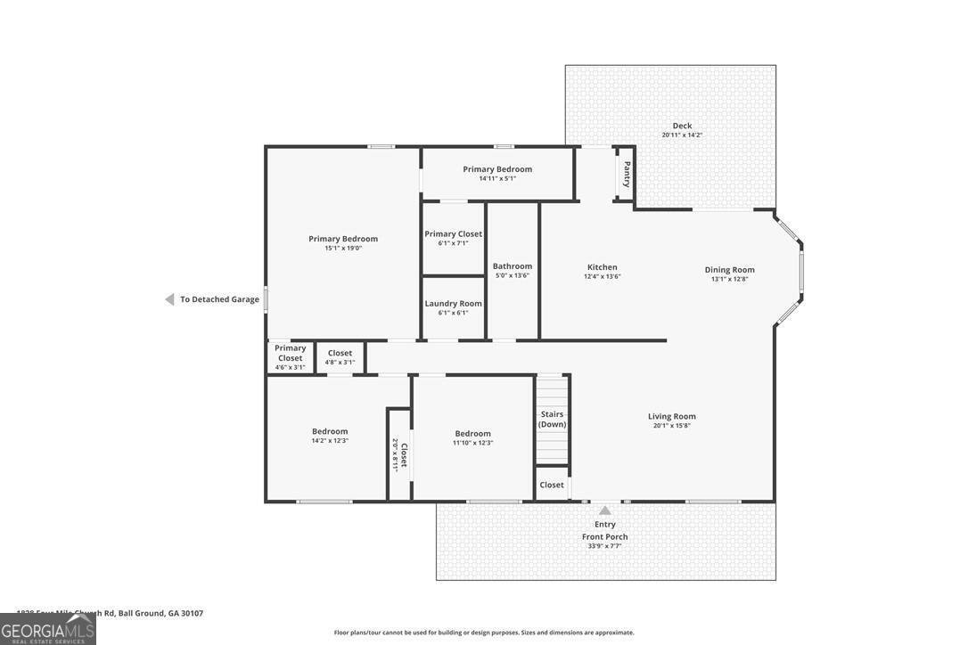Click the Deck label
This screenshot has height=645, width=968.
682,126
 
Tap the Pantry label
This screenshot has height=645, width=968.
628,174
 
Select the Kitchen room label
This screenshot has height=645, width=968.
602,267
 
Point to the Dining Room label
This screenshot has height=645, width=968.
729,270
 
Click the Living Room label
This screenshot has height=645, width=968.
671,416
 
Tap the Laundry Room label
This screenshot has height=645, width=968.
453,304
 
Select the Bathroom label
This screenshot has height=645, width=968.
513,265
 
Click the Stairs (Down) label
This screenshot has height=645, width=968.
552,419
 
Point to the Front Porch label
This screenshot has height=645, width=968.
604,536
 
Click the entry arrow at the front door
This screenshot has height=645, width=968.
604,510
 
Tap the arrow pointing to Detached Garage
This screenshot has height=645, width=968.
168,299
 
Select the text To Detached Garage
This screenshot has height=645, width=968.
219,299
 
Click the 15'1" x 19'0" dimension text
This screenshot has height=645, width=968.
343,249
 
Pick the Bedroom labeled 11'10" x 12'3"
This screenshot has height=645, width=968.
472,434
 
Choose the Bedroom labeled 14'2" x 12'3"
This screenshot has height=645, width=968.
330,431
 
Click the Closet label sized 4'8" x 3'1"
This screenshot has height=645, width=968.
340,354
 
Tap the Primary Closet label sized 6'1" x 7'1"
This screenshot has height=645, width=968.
453,234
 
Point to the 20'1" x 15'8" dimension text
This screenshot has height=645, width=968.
671,426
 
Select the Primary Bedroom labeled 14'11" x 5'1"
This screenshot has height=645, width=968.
497,169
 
